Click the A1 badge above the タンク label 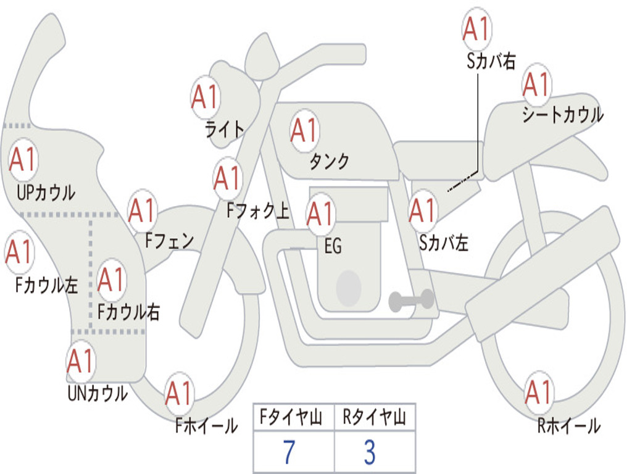[304, 131]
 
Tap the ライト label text [225, 130]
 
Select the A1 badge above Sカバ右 [476, 29]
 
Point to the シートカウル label [562, 115]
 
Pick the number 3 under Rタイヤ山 [369, 452]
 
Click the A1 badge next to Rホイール [538, 392]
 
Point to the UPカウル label [46, 193]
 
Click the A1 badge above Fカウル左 [19, 252]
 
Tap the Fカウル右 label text [129, 312]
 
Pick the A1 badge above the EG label [320, 214]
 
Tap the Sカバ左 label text [443, 243]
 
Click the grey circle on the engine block [348, 288]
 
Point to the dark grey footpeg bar [411, 301]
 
